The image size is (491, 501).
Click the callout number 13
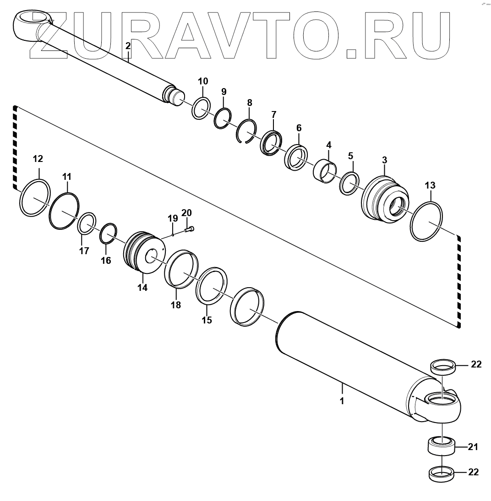click(x=430, y=185)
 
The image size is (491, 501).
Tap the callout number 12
click(x=38, y=159)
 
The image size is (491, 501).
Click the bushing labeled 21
click(x=442, y=445)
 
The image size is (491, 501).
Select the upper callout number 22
click(x=476, y=364)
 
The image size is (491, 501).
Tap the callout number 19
click(x=172, y=217)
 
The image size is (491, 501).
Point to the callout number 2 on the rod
click(x=128, y=45)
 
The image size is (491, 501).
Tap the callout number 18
click(x=176, y=305)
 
